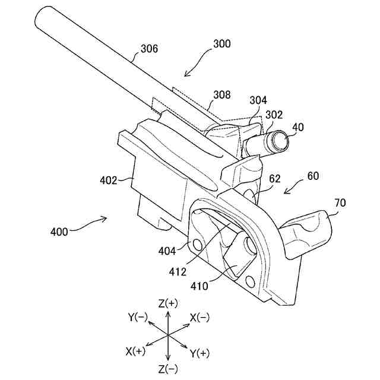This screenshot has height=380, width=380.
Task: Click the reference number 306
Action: coord(149,49)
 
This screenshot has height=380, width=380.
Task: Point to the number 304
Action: coord(258,101)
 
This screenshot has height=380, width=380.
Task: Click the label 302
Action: coord(274,114)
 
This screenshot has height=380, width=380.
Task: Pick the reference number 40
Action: coord(297,126)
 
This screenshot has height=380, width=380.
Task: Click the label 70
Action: coord(340,203)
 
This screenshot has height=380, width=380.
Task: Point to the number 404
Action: coord(167,251)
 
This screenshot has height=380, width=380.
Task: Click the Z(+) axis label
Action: coord(168,303)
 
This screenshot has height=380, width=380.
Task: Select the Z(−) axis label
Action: coord(168,369)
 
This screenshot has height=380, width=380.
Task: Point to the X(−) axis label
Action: coord(199,318)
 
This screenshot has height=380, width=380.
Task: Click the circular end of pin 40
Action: coord(279,141)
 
